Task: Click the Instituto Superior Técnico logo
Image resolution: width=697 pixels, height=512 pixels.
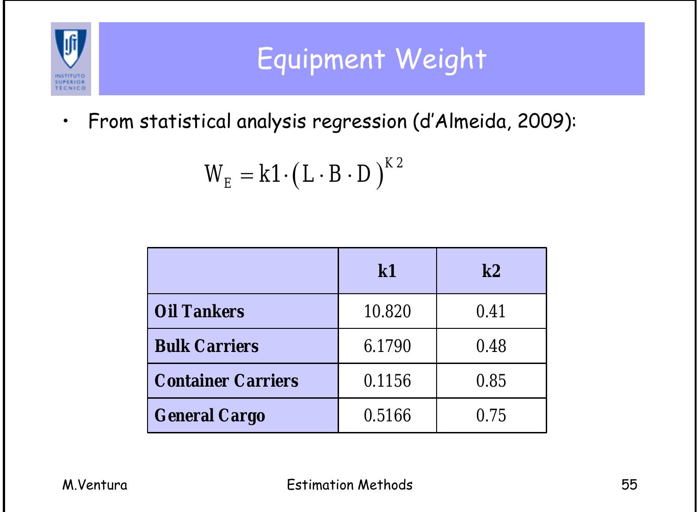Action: tap(71, 59)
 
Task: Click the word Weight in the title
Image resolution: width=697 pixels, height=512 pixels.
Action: tap(440, 59)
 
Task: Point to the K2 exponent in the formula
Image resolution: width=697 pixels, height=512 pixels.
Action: tap(394, 163)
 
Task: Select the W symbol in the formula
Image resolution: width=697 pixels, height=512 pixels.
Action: tap(214, 174)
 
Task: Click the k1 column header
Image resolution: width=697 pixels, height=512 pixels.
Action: tap(387, 271)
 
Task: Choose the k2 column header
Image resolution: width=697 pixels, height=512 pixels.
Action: tap(491, 271)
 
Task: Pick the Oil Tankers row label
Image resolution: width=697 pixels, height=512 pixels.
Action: tap(199, 311)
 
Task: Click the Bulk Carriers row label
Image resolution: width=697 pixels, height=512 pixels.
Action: tap(206, 346)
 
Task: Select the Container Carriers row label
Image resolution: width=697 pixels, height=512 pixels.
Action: tap(226, 381)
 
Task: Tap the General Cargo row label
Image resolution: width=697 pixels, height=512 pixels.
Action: tap(210, 415)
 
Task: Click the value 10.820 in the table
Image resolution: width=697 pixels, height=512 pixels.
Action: tap(387, 311)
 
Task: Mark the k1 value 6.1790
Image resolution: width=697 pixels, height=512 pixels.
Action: tap(387, 346)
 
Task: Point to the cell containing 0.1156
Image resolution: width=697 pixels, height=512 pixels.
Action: tap(387, 381)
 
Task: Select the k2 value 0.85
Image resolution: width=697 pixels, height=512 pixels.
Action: tap(491, 381)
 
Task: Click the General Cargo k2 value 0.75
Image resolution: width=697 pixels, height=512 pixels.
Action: tap(491, 415)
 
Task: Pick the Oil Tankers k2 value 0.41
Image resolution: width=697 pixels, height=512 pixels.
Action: tap(491, 311)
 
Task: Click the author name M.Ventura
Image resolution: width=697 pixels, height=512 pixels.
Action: tap(95, 485)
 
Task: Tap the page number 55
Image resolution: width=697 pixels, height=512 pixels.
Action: tap(629, 485)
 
